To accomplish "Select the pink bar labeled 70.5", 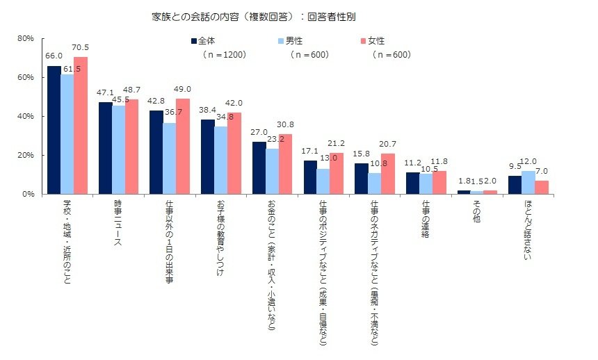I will click(80, 125).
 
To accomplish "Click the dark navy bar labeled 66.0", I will click(54, 130).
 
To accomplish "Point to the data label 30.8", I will click(285, 125).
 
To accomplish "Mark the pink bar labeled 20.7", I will click(387, 174).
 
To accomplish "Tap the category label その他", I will click(476, 213).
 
